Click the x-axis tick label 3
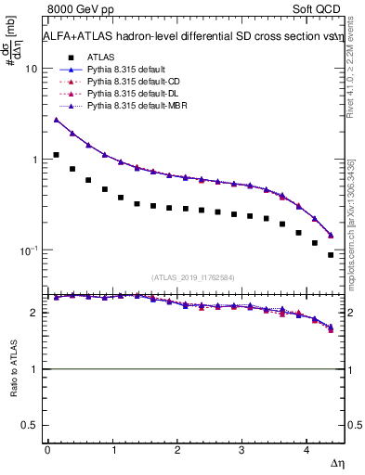point(241,450)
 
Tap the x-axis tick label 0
point(47,450)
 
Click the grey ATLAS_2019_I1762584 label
point(194,276)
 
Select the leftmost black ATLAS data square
point(56,155)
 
